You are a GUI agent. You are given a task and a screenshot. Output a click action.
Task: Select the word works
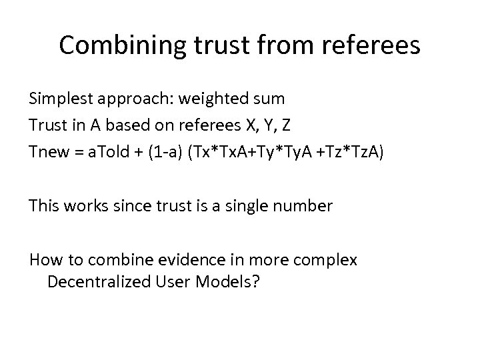pos(83,206)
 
